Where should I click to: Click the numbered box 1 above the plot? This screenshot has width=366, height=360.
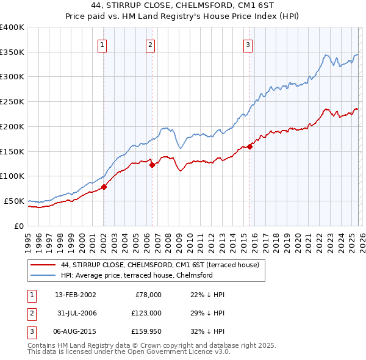click(x=102, y=45)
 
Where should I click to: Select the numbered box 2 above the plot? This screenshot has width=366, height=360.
click(x=150, y=45)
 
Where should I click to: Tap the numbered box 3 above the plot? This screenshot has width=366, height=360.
click(x=248, y=45)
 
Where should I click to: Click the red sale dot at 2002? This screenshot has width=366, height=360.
click(x=104, y=187)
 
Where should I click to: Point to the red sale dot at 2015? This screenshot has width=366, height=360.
click(x=249, y=146)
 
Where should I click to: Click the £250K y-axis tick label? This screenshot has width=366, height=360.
click(x=12, y=102)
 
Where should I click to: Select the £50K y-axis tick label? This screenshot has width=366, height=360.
click(x=14, y=201)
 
